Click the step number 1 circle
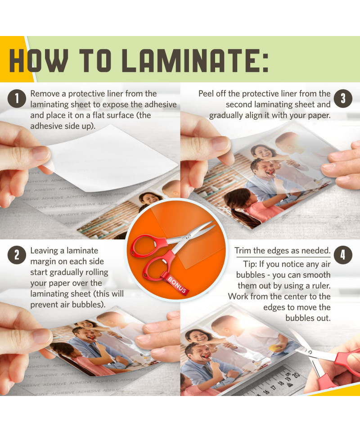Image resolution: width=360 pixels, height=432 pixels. (17, 99)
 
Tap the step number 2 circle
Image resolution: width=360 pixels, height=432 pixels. (17, 255)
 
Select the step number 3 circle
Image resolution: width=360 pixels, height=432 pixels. (343, 99)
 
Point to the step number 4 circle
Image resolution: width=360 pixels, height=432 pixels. (343, 255)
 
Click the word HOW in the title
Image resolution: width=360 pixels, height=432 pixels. (39, 61)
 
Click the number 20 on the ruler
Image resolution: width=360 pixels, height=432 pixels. (296, 375)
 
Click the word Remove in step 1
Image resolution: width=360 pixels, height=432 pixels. (45, 94)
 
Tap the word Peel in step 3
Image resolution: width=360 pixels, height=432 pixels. (206, 94)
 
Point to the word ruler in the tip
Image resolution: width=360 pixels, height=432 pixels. (321, 286)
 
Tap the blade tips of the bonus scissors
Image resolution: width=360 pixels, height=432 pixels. (211, 223)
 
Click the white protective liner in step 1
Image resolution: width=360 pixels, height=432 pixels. (110, 158)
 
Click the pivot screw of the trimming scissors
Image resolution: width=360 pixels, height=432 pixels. (310, 352)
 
